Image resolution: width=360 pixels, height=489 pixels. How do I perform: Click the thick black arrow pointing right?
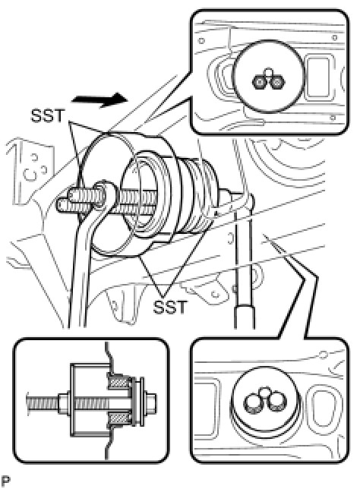pyautogui.click(x=99, y=99)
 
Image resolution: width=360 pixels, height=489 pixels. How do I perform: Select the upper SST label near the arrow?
pyautogui.click(x=47, y=115)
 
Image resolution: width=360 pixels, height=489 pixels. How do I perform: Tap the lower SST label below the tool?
pyautogui.click(x=170, y=307)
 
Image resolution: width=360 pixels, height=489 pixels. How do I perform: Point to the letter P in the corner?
pyautogui.click(x=5, y=481)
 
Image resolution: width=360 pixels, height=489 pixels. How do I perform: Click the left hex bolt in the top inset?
pyautogui.click(x=260, y=82)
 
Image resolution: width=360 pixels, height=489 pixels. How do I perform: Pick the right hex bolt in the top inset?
pyautogui.click(x=276, y=82)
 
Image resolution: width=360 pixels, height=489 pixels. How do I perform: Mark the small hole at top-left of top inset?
pyautogui.click(x=201, y=40)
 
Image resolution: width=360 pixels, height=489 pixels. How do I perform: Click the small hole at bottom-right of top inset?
pyautogui.click(x=333, y=118)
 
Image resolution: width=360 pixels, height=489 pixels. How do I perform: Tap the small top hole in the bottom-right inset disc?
pyautogui.click(x=266, y=392)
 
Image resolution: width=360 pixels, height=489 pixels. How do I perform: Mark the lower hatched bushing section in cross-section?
pyautogui.click(x=118, y=418)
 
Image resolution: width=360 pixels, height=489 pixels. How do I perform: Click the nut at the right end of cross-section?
pyautogui.click(x=150, y=400)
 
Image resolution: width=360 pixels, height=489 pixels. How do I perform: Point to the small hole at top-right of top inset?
pyautogui.click(x=334, y=38)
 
